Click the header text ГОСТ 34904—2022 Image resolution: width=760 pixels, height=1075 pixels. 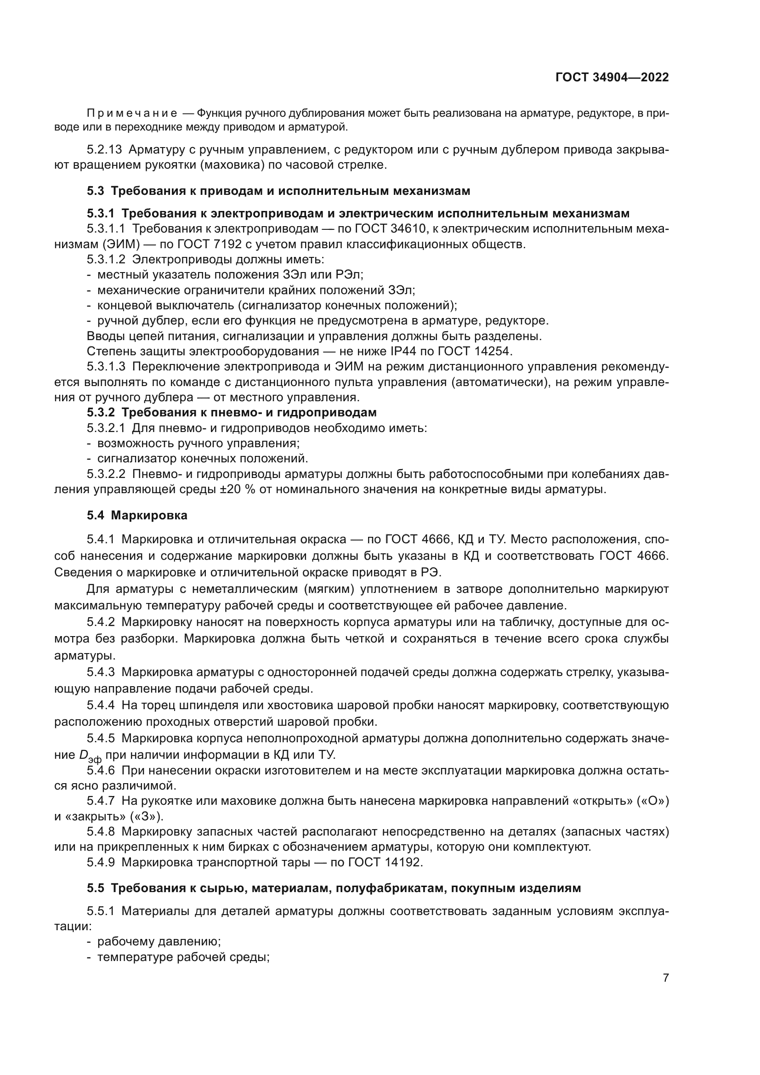pos(612,78)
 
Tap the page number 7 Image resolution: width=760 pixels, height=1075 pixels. pos(666,978)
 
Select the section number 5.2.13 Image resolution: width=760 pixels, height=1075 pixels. pos(104,150)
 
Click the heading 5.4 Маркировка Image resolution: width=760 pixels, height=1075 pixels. pos(136,516)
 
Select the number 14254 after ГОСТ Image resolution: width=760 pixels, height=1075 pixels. pos(493,351)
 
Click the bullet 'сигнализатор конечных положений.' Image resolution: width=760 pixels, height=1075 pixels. pos(202,458)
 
